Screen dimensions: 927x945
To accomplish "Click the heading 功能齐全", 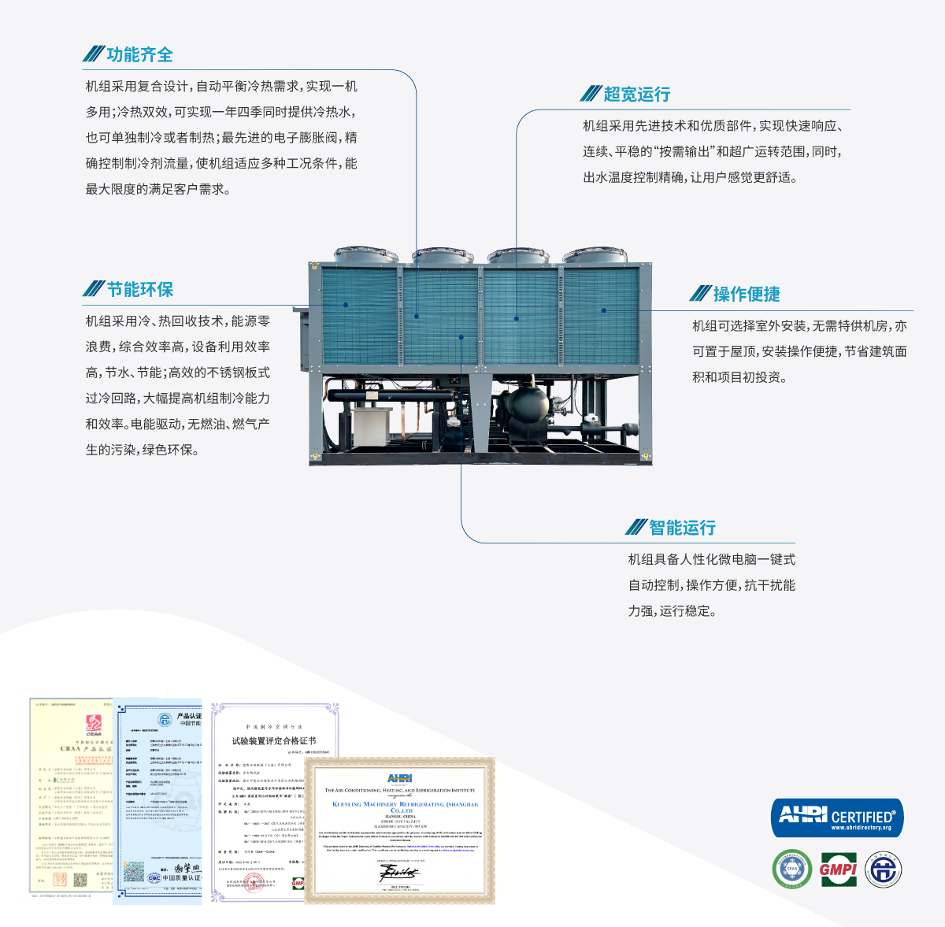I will click(x=139, y=54).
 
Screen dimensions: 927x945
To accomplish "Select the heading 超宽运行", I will click(x=636, y=95).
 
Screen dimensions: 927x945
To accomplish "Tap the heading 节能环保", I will click(x=140, y=289).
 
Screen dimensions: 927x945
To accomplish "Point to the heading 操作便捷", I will click(x=746, y=294).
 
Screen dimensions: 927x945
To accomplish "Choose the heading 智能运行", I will click(x=682, y=528).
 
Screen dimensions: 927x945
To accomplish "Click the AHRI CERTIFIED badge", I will click(x=837, y=818).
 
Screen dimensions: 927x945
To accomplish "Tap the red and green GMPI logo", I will click(x=838, y=870).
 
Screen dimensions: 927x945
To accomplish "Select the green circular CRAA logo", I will click(x=791, y=870).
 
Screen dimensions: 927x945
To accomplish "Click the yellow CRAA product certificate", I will click(x=71, y=795).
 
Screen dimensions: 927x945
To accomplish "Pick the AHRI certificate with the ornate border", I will click(x=400, y=831).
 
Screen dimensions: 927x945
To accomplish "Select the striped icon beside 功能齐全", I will click(x=94, y=54).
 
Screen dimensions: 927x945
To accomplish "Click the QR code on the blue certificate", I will click(x=135, y=872).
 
